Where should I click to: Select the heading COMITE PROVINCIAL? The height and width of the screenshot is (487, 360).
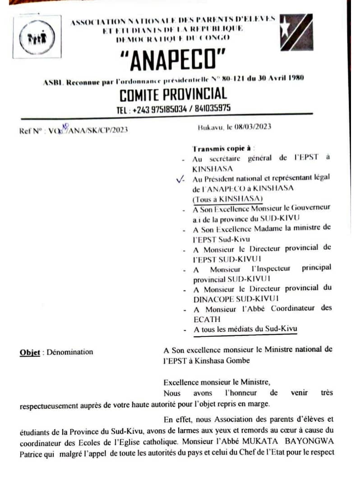pyautogui.click(x=173, y=94)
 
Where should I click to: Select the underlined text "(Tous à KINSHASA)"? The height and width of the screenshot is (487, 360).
pyautogui.click(x=228, y=199)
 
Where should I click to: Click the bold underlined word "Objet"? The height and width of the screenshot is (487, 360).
pyautogui.click(x=30, y=352)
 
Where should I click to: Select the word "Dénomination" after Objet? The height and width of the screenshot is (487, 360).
pyautogui.click(x=70, y=352)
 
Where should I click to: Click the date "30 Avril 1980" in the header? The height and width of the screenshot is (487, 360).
pyautogui.click(x=278, y=78)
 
